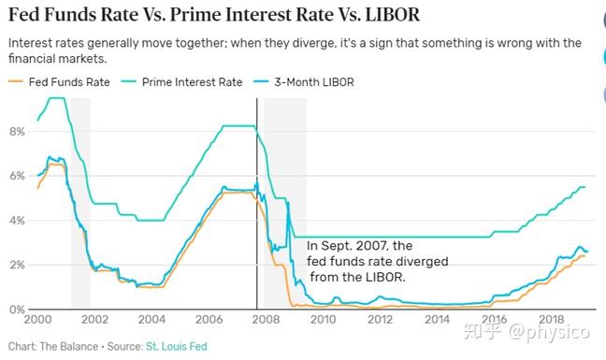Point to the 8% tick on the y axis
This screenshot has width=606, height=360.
(16, 132)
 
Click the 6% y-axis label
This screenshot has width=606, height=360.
(16, 176)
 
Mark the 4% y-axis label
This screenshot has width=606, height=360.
(16, 221)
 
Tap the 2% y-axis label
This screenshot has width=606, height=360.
(16, 265)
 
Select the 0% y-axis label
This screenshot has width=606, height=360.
(16, 310)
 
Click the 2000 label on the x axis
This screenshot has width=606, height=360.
(37, 321)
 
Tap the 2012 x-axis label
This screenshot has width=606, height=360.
(380, 321)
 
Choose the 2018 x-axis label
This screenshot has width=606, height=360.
(551, 321)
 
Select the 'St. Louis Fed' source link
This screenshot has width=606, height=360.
(178, 348)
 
